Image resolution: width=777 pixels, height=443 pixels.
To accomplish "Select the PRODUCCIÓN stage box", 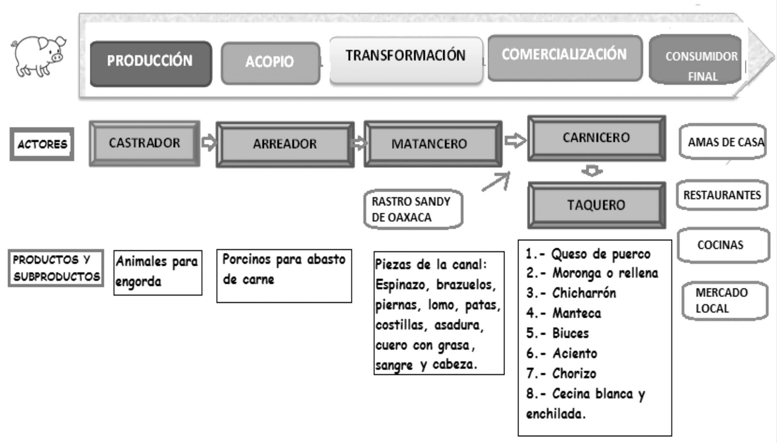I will [x=151, y=63].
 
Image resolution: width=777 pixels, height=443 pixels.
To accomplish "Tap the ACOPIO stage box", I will [x=270, y=63].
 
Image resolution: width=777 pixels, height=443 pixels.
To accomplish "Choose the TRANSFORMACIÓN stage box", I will [x=406, y=60].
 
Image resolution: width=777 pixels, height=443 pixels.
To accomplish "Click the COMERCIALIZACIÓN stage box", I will [x=564, y=58].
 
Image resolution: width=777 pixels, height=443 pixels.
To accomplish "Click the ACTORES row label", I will [x=42, y=144].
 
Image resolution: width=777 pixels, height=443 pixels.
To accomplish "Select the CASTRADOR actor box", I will [x=144, y=143].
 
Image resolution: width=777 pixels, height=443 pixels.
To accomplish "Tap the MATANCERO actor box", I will [x=433, y=144].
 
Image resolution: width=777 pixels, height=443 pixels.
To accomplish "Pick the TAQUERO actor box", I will [x=596, y=205].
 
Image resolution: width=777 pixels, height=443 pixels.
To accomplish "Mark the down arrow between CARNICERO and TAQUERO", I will [x=591, y=171].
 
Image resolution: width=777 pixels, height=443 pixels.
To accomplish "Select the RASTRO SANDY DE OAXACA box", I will [x=413, y=209].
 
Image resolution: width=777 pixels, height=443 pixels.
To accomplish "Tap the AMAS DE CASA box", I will [x=722, y=142].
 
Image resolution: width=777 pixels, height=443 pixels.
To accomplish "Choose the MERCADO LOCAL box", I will [x=725, y=301].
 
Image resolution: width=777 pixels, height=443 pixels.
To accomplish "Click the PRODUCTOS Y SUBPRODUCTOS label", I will [x=56, y=268].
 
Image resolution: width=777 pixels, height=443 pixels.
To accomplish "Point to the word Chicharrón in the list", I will [x=584, y=293].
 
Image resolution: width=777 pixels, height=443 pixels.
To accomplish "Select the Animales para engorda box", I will [x=158, y=272].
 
